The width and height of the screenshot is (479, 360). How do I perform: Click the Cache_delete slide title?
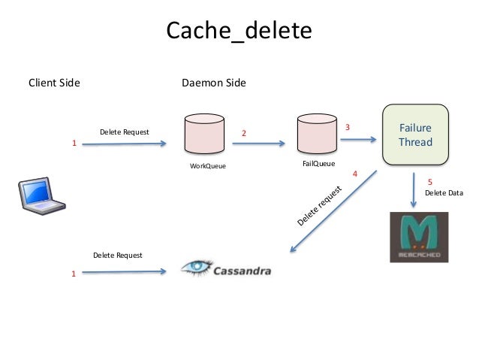(238, 31)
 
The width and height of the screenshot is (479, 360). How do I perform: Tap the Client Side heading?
(54, 82)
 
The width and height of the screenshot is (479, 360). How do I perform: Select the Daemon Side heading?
(214, 82)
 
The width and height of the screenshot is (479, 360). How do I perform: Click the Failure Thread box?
(415, 135)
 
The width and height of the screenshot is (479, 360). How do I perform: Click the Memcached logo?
(419, 237)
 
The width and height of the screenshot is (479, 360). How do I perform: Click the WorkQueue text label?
(207, 165)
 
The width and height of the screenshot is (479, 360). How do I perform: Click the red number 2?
(243, 134)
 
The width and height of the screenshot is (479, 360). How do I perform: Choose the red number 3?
(347, 128)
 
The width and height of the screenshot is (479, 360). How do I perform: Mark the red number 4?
(354, 174)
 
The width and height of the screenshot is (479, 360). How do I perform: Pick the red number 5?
(429, 182)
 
